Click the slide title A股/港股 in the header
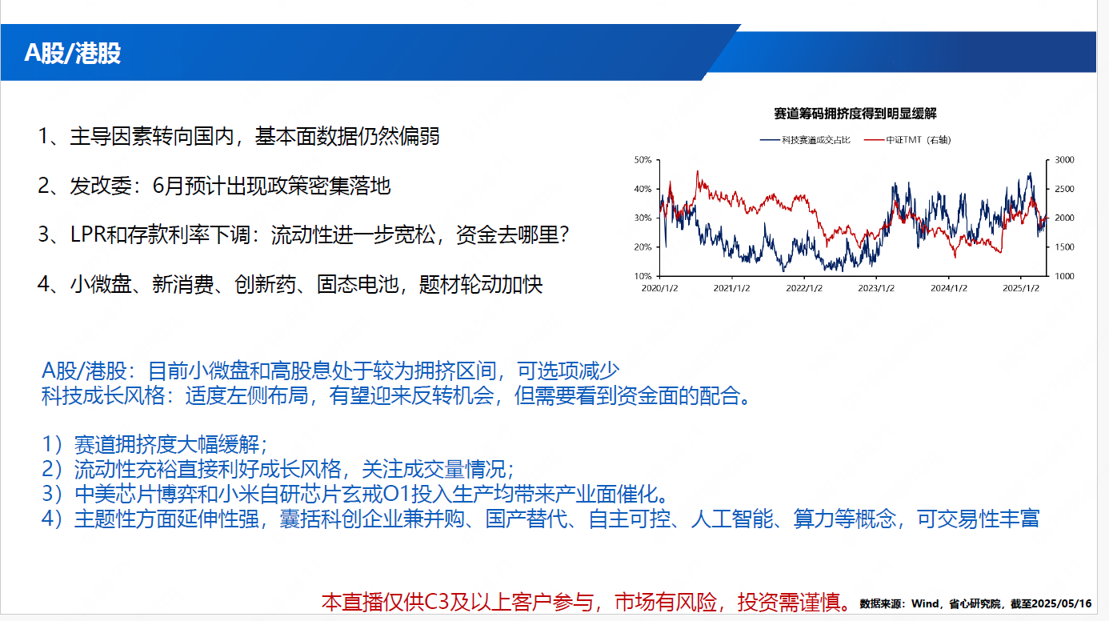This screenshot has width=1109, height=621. point(72,53)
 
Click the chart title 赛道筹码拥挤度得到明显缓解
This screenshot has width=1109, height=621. point(855,114)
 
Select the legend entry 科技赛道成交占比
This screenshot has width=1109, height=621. point(805,140)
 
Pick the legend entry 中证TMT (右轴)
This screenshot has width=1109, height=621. point(907,140)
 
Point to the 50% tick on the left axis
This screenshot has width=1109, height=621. point(643,160)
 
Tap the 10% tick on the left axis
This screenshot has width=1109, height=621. point(643,276)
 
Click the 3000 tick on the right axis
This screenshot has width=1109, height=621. point(1064,160)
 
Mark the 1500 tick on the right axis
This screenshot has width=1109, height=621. point(1064,247)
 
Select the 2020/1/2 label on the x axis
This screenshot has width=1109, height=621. point(659,288)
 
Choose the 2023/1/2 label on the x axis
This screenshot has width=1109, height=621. point(876,288)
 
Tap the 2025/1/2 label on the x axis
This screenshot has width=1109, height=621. point(1021,288)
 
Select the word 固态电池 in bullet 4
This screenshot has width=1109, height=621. point(357,284)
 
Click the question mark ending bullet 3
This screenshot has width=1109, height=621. point(564,234)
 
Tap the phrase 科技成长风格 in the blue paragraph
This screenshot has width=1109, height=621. point(103,395)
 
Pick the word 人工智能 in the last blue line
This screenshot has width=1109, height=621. point(732,519)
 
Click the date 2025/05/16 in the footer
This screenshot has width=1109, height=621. point(1062,603)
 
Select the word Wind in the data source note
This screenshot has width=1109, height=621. point(925,603)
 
